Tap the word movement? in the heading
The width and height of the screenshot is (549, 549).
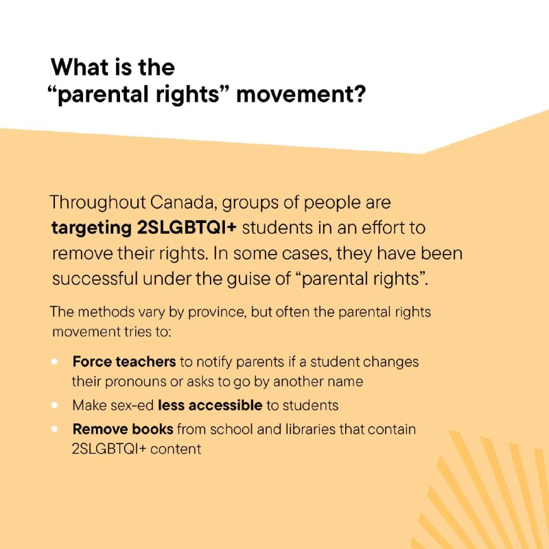pyautogui.click(x=301, y=95)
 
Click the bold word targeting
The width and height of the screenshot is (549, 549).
pyautogui.click(x=91, y=229)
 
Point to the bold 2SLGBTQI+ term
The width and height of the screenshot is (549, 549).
pyautogui.click(x=187, y=228)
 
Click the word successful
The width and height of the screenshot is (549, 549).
pyautogui.click(x=95, y=279)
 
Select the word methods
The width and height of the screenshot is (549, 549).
pyautogui.click(x=106, y=312)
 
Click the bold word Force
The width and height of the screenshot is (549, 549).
pyautogui.click(x=92, y=362)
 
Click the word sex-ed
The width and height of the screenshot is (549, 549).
pyautogui.click(x=132, y=406)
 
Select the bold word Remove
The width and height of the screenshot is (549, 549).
pyautogui.click(x=100, y=430)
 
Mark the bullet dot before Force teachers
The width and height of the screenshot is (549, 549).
pyautogui.click(x=54, y=362)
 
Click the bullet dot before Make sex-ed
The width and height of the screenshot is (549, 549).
pyautogui.click(x=54, y=405)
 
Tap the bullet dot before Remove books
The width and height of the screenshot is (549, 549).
pyautogui.click(x=54, y=429)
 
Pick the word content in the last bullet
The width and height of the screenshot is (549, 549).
pyautogui.click(x=176, y=449)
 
